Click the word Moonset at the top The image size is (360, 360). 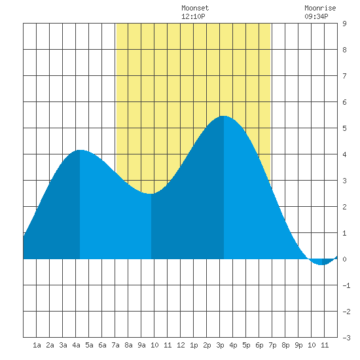195,8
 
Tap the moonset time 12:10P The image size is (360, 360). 193,16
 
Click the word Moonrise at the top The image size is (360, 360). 320,8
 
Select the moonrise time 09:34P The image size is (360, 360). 316,16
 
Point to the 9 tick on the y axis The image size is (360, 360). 344,24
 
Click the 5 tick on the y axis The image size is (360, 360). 344,128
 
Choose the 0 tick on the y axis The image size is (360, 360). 344,259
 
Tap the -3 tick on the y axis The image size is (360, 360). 346,338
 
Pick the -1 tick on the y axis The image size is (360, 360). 346,285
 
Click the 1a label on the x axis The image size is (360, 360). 37,345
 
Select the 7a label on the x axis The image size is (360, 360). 115,345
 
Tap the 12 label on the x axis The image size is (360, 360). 181,345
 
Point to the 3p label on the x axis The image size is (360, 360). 220,345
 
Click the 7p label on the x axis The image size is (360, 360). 272,345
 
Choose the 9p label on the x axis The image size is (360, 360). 298,345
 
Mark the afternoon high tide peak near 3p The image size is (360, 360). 223,116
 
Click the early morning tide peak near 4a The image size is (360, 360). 80,150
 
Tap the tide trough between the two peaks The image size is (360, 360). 151,194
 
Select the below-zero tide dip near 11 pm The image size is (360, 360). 322,264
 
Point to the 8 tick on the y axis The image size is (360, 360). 344,50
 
